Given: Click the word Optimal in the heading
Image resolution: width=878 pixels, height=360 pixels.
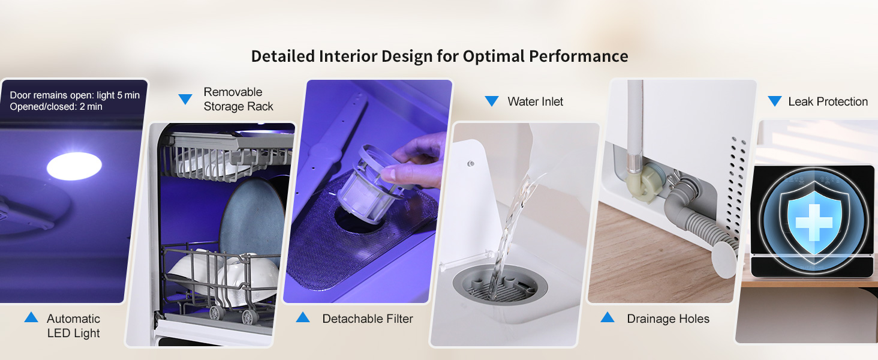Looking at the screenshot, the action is [x=494, y=56].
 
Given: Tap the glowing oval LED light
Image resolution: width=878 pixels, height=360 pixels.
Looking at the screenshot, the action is [x=74, y=166].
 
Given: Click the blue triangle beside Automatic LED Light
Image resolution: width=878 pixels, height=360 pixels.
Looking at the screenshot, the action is [x=31, y=317].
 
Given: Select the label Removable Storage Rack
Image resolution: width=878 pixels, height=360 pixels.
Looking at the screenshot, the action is [x=238, y=99].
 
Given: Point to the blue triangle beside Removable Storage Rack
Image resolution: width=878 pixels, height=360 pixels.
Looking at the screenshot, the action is [x=185, y=99].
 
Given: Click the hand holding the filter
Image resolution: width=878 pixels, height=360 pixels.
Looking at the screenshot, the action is [x=416, y=161].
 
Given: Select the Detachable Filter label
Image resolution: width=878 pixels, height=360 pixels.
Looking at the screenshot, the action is [x=368, y=319].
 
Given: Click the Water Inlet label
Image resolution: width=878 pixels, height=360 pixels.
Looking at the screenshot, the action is [x=536, y=101].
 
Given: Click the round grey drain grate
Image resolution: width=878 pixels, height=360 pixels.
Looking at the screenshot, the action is [x=500, y=284].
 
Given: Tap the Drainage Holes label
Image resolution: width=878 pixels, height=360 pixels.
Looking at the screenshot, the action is [x=668, y=319].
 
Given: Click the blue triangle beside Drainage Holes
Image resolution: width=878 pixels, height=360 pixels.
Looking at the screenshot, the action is [x=607, y=317].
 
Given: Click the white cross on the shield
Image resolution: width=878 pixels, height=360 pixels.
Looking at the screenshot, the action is [x=814, y=223].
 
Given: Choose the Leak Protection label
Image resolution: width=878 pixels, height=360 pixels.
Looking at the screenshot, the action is [x=828, y=101].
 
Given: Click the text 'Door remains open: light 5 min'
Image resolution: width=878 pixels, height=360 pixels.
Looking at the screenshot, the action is [x=74, y=95].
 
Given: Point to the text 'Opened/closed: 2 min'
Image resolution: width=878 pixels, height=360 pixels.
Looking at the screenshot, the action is [x=56, y=107].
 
